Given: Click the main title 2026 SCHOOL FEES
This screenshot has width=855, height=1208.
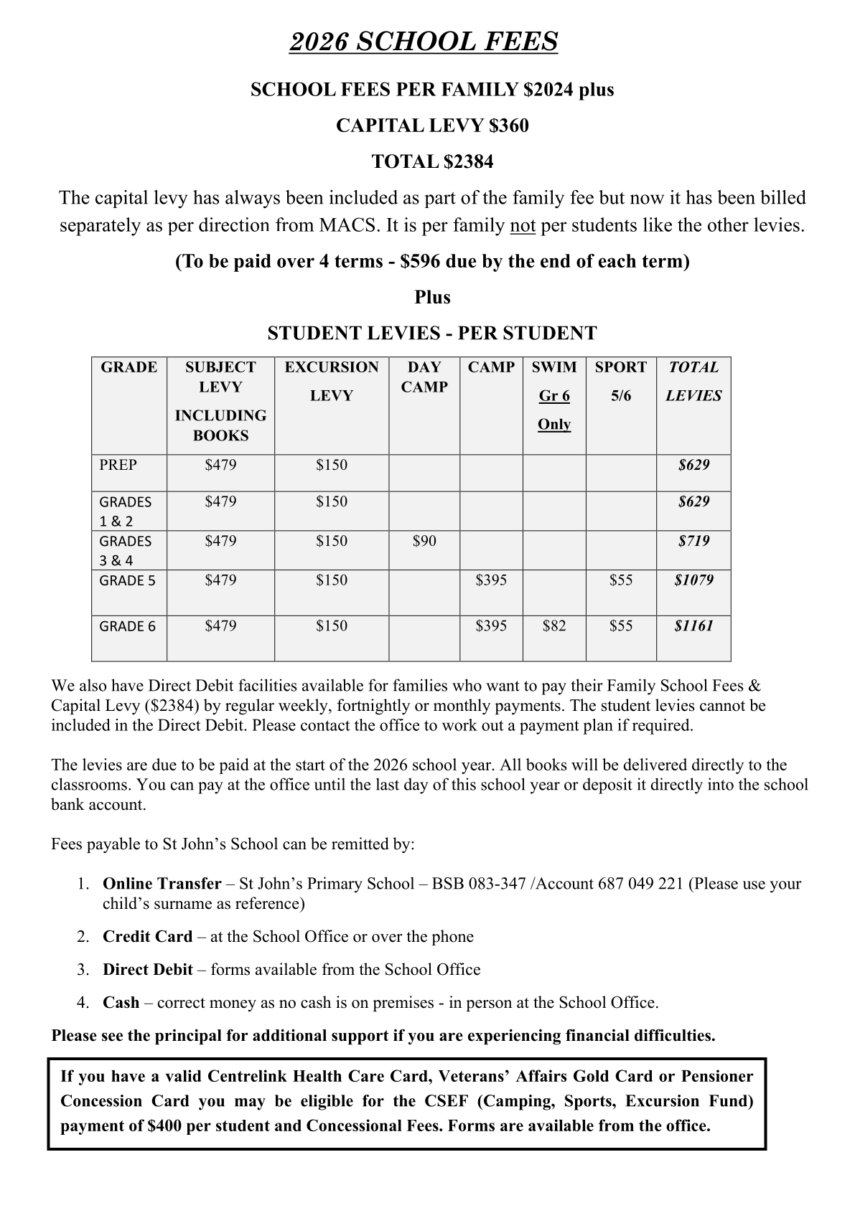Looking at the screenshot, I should click(424, 42).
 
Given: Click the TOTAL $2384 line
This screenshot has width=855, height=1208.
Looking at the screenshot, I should click(432, 161).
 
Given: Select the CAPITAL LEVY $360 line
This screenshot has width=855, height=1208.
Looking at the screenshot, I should click(432, 126).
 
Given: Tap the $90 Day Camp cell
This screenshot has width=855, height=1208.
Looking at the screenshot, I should click(424, 541).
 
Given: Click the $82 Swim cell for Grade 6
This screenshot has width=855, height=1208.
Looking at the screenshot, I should click(554, 626).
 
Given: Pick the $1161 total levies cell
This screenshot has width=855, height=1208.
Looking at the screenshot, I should click(693, 626).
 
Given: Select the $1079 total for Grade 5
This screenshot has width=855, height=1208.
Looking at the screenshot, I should click(693, 580).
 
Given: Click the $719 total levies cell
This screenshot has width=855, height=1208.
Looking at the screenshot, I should click(693, 541).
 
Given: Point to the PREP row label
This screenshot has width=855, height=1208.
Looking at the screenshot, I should click(118, 465).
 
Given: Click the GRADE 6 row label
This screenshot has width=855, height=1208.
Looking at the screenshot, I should click(127, 626).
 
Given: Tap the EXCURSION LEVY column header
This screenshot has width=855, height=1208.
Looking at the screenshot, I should click(332, 381).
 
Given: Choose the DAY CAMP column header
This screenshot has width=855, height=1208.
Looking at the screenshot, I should click(424, 377).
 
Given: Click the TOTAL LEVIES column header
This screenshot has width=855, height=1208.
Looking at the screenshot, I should click(693, 381).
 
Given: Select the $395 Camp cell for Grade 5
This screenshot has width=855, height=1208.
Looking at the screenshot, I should click(491, 580).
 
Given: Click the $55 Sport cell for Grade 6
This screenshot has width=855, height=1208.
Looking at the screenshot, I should click(621, 626).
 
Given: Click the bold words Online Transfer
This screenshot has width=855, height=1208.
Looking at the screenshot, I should click(162, 883).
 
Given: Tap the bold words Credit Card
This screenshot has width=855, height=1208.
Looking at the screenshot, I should click(148, 936).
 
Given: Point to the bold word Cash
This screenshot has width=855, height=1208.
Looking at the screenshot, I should click(121, 1002).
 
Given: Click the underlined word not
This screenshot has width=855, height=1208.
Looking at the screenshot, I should click(523, 225).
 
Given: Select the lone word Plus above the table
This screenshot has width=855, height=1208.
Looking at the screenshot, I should click(432, 297).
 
